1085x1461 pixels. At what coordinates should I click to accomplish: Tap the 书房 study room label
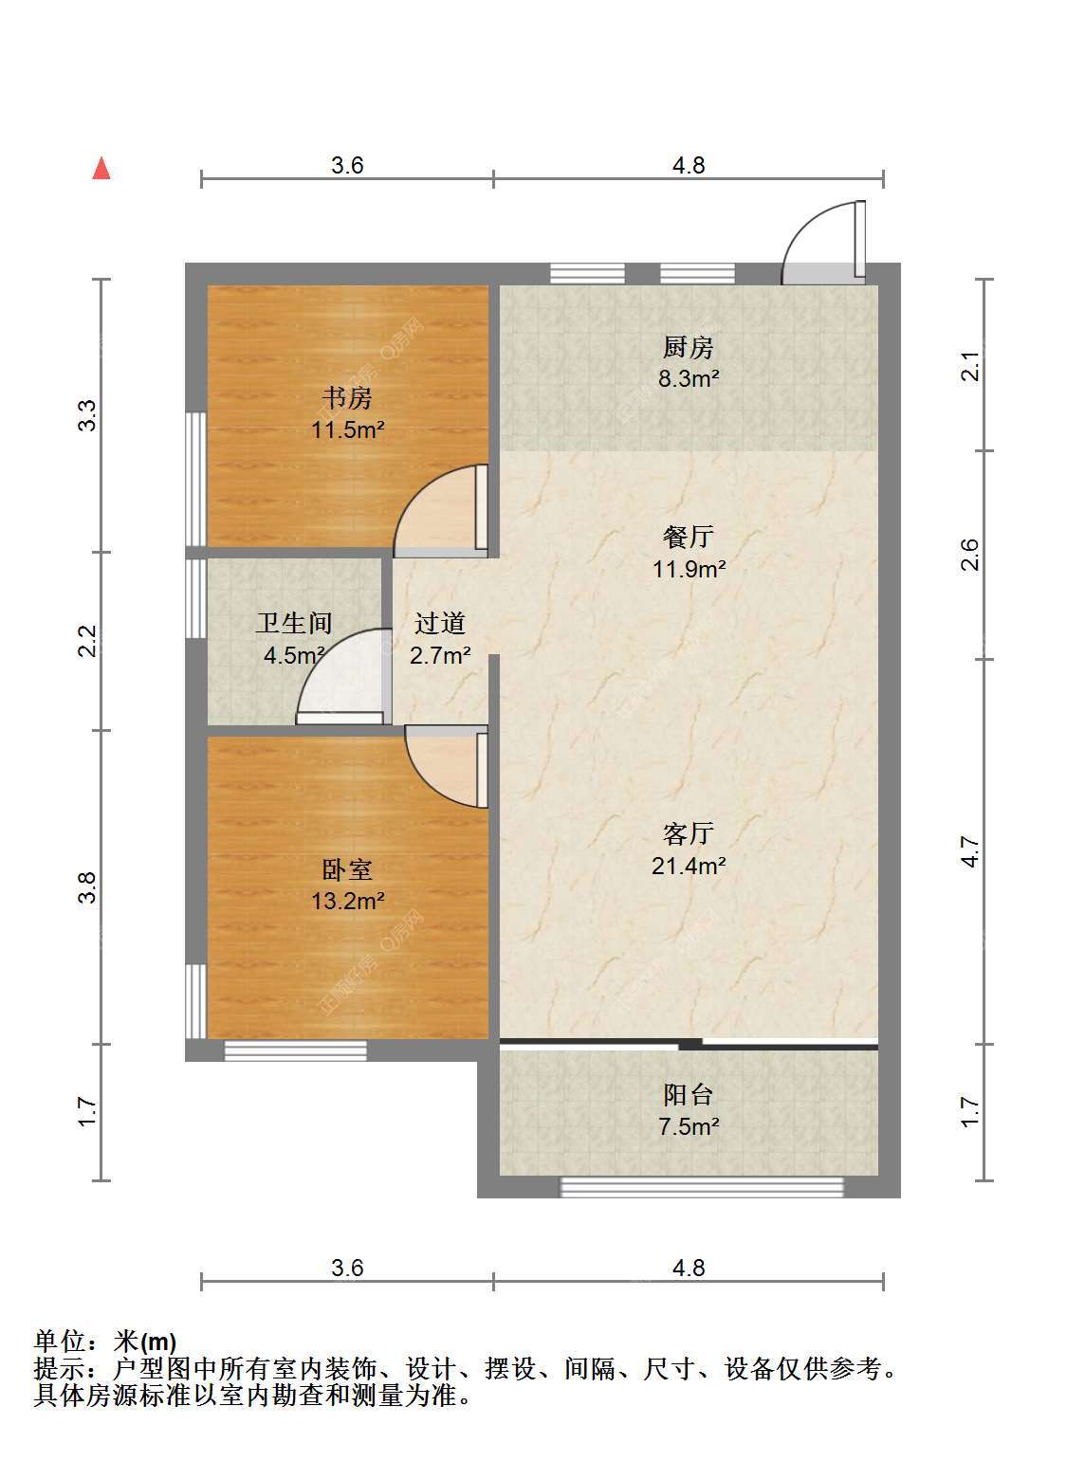[347, 398]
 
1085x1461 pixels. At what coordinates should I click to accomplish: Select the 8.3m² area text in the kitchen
[689, 378]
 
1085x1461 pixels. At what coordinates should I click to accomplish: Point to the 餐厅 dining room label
[689, 537]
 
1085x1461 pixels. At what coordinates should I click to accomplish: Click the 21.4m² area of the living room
[689, 866]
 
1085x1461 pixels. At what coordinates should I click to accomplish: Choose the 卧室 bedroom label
[347, 869]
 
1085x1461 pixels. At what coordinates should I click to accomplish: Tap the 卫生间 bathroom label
[294, 623]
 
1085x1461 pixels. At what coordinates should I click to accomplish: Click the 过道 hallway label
[440, 623]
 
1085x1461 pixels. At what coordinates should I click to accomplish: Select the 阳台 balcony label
[689, 1095]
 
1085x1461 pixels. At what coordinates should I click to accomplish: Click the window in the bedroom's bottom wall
[295, 1050]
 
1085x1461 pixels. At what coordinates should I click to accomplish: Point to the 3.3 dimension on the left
[87, 415]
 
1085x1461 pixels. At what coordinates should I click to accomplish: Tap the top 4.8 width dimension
[689, 165]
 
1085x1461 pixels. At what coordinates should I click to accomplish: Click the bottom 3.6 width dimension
[347, 1268]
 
